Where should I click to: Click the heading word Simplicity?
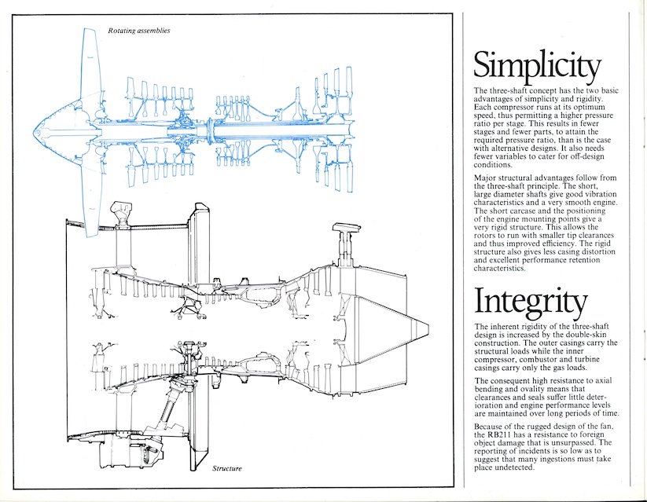tap(537, 67)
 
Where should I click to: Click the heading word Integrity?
tap(530, 302)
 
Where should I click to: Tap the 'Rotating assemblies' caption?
tap(139, 31)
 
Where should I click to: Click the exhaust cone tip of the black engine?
tap(425, 324)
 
